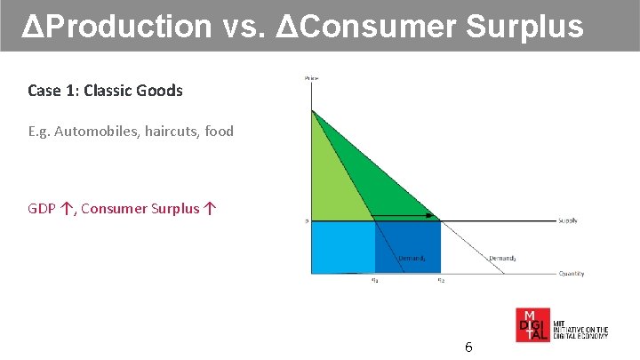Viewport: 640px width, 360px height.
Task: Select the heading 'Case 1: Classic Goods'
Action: [105, 91]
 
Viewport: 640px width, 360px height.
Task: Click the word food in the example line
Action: [219, 132]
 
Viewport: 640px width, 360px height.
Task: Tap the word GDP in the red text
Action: [42, 209]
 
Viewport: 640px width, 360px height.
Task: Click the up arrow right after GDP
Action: [66, 209]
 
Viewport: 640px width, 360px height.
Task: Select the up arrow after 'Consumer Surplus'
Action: [209, 209]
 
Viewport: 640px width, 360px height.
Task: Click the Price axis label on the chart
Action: [312, 79]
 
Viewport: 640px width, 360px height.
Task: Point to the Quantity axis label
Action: [572, 274]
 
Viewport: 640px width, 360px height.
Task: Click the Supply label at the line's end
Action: [570, 220]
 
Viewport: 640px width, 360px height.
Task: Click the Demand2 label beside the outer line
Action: [501, 259]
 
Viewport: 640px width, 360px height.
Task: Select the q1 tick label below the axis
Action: [374, 281]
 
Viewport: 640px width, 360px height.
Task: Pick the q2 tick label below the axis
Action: [440, 281]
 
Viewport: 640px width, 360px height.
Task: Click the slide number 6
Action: [468, 347]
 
